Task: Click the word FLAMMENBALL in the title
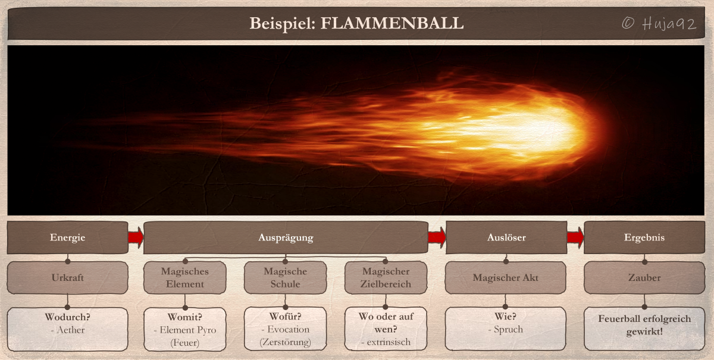click(x=392, y=23)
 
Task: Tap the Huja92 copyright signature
click(x=659, y=24)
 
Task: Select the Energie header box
click(x=68, y=237)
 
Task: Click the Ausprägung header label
click(x=286, y=237)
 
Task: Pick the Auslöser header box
click(x=506, y=237)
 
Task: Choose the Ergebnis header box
click(x=644, y=237)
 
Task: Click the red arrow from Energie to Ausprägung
click(x=136, y=237)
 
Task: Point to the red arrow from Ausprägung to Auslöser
click(x=437, y=237)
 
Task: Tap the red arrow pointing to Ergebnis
click(x=575, y=237)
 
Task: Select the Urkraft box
click(x=68, y=278)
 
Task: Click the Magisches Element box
click(x=185, y=278)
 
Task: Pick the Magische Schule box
click(x=285, y=278)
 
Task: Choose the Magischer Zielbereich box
click(x=386, y=278)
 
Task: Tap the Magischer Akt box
click(x=506, y=278)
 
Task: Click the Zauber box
click(x=644, y=278)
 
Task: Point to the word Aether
click(x=70, y=330)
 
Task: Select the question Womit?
click(x=185, y=317)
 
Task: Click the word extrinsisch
click(x=389, y=342)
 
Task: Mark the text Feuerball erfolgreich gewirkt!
click(x=644, y=325)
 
